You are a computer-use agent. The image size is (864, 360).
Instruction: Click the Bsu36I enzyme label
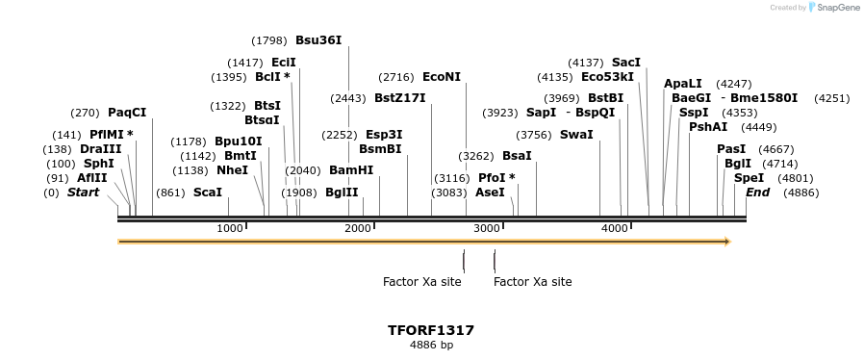[318, 40]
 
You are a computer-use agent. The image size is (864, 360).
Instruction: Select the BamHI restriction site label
[351, 170]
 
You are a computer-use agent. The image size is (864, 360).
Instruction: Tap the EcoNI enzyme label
[442, 77]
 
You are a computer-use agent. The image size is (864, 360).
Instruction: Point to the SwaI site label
[576, 134]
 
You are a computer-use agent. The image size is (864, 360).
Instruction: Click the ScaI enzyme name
[208, 193]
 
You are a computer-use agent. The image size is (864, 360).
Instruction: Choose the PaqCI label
[127, 113]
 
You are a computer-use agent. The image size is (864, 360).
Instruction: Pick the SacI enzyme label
[626, 63]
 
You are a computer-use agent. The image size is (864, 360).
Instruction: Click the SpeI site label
[749, 178]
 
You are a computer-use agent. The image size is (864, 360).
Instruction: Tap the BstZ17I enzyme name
[400, 98]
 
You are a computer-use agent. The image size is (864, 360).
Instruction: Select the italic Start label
[83, 193]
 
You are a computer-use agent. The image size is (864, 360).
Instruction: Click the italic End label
[757, 193]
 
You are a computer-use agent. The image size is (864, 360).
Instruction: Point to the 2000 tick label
[358, 228]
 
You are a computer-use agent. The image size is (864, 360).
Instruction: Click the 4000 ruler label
[614, 228]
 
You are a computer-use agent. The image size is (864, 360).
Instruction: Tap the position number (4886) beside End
[800, 193]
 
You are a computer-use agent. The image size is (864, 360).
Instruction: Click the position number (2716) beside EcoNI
[395, 77]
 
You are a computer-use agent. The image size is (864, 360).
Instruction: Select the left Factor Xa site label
[421, 282]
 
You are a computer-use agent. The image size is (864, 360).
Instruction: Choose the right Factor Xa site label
[532, 282]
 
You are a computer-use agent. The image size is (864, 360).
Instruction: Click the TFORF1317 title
[431, 330]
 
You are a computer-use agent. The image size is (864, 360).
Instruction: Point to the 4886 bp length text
[431, 345]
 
